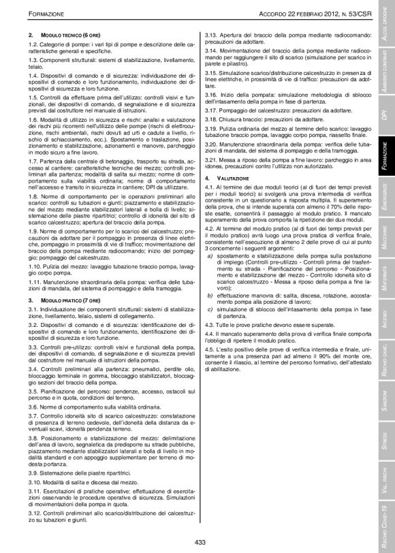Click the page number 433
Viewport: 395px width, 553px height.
coord(200,542)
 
